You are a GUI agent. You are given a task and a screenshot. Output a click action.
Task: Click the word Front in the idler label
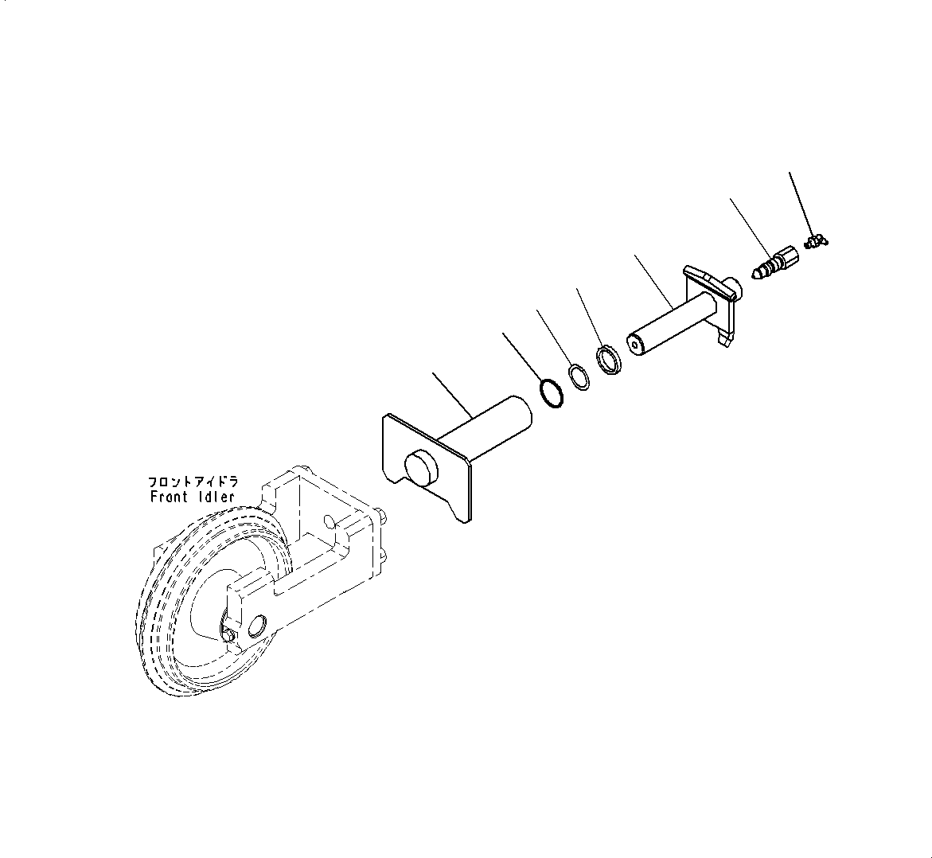point(169,497)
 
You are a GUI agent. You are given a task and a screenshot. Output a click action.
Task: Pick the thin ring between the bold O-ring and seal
point(579,377)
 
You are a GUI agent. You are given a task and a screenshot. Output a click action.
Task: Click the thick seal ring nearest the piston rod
point(610,359)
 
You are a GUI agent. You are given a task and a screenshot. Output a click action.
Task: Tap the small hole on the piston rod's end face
point(634,345)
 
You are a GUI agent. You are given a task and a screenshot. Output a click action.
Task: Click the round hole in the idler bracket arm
point(257,626)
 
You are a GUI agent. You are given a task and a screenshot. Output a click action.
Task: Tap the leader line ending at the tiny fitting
point(799,202)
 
